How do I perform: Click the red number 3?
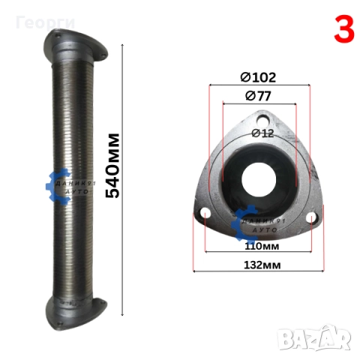[344, 29]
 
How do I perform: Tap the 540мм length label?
[112, 166]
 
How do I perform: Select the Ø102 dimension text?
[258, 77]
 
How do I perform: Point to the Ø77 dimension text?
[258, 96]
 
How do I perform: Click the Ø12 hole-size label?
[262, 133]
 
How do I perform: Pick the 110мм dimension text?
[262, 246]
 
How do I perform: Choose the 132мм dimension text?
[262, 265]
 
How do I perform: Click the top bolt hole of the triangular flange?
[262, 120]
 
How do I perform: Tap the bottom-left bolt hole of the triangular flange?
[205, 213]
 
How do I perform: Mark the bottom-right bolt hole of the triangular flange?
[311, 217]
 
